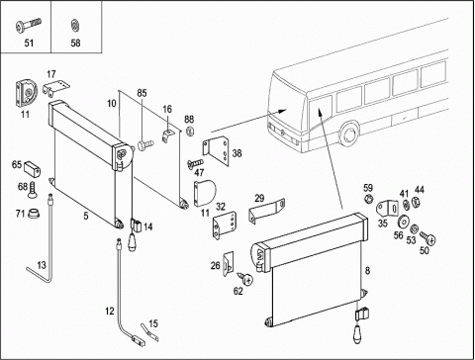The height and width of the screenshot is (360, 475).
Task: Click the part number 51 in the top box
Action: (x=29, y=43)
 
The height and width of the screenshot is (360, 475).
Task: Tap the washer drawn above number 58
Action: (x=75, y=26)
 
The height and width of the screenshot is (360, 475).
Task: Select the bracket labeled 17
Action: (x=55, y=88)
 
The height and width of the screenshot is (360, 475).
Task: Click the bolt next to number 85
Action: (x=145, y=144)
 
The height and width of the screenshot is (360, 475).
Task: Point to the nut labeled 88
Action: (x=190, y=132)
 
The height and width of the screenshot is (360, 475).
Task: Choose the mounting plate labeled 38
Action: (x=216, y=151)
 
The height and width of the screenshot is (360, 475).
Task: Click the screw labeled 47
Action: (x=195, y=163)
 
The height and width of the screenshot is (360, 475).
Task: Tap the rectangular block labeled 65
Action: (x=32, y=168)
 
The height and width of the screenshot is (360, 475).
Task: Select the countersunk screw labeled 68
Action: (x=32, y=190)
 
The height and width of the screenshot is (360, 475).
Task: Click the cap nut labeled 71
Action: (x=33, y=214)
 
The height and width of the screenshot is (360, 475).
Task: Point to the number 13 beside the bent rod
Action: (x=42, y=265)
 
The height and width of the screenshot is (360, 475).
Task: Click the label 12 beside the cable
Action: (x=110, y=311)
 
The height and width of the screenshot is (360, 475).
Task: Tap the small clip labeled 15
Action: (x=149, y=332)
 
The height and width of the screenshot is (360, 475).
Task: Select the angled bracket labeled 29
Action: (x=266, y=211)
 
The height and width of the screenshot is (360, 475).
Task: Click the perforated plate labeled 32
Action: (x=225, y=225)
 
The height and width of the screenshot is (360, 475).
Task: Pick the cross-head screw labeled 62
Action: (x=245, y=278)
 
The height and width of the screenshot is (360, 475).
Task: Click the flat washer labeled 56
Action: (x=403, y=222)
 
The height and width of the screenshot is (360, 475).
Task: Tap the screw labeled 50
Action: (x=427, y=237)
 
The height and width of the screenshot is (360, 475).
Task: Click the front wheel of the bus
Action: (x=348, y=135)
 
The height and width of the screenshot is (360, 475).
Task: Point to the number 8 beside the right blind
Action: (x=367, y=271)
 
